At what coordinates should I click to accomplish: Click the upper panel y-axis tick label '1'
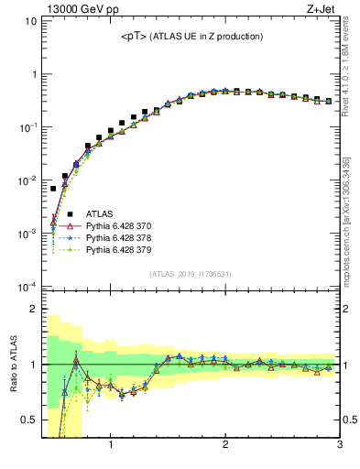[x=33, y=74]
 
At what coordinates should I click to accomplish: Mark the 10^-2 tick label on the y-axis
[x=27, y=180]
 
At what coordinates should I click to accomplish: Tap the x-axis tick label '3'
[x=339, y=447]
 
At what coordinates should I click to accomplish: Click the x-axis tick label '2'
[x=225, y=447]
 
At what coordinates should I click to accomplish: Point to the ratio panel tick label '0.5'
[x=28, y=420]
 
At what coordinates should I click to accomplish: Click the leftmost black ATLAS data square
[x=53, y=189]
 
